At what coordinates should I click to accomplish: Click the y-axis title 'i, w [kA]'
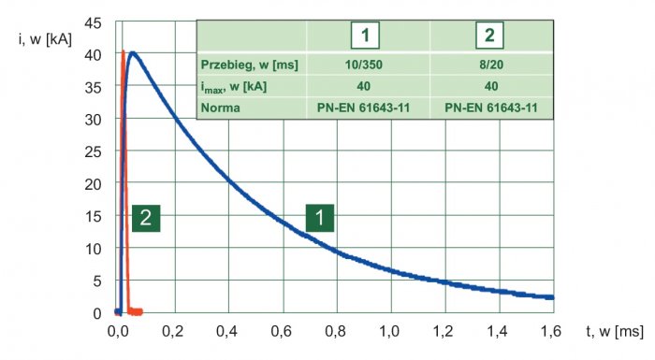(45, 39)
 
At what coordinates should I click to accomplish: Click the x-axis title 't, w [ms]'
(615, 332)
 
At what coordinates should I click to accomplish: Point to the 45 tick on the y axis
(93, 23)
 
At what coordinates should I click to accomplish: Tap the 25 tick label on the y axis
(93, 152)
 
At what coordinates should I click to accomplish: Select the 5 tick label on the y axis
(97, 281)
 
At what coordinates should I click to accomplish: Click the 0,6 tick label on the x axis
(281, 332)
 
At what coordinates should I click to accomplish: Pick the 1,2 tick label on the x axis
(444, 332)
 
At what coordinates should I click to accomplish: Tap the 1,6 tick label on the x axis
(551, 332)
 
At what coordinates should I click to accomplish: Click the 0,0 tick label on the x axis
(118, 332)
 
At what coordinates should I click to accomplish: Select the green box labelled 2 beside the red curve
(146, 218)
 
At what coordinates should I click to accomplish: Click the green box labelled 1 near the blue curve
(320, 218)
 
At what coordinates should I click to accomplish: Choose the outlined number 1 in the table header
(365, 36)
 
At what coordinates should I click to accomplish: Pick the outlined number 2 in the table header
(489, 36)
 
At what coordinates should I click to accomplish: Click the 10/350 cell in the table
(363, 65)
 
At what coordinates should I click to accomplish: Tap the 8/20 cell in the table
(491, 65)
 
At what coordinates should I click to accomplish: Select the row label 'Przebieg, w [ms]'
(250, 65)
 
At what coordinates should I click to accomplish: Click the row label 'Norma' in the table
(221, 108)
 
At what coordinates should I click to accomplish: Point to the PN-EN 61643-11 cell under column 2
(491, 108)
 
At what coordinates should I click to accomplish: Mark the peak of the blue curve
(133, 53)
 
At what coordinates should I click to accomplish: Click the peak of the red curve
(123, 51)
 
